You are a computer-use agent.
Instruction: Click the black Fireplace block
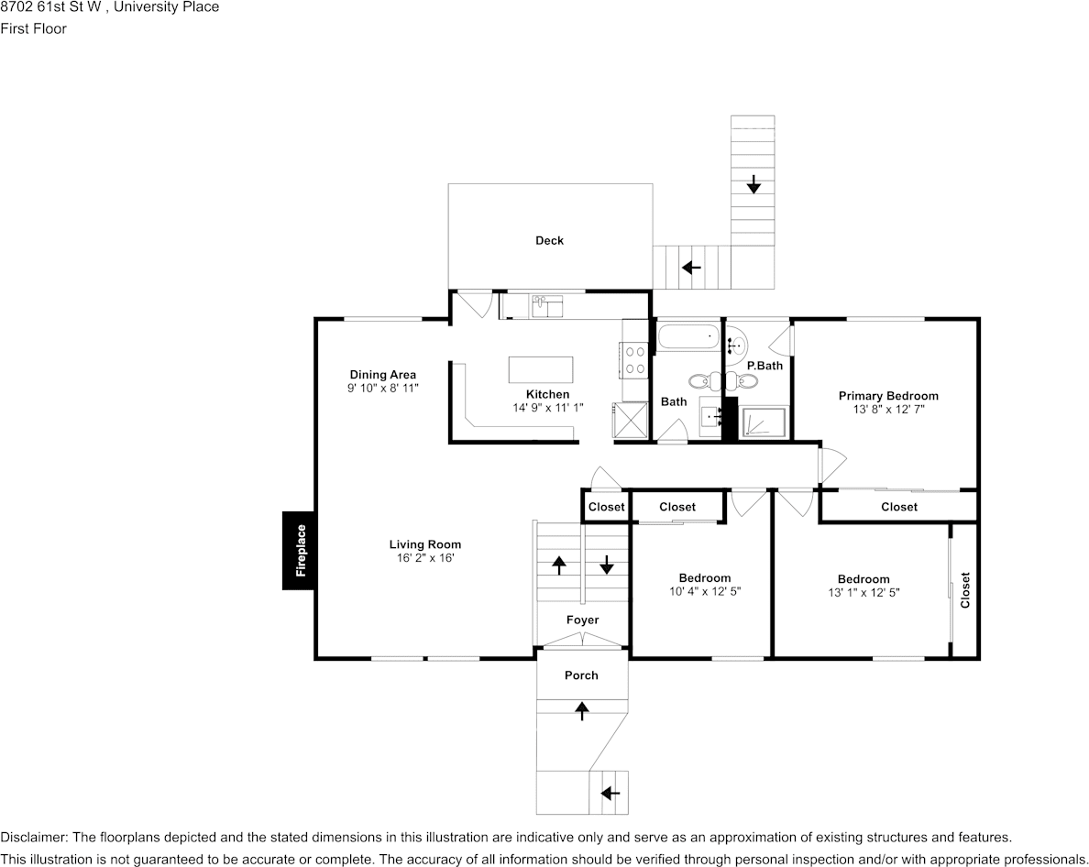click(299, 550)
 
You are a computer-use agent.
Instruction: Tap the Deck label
click(549, 241)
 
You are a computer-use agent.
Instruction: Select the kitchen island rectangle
click(541, 370)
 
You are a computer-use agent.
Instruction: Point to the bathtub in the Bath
click(688, 336)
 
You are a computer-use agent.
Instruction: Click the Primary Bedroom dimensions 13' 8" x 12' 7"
click(888, 410)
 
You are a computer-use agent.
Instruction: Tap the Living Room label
click(425, 544)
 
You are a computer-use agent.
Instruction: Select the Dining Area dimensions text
click(382, 388)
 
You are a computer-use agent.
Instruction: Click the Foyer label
click(582, 620)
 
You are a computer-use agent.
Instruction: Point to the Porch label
click(581, 675)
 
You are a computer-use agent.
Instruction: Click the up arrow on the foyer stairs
click(559, 564)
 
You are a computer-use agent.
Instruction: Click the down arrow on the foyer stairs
click(606, 564)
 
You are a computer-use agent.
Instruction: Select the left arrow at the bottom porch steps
click(610, 793)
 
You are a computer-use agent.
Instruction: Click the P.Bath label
click(764, 366)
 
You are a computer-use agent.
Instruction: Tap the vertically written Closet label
click(965, 590)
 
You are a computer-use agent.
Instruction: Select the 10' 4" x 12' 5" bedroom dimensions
click(705, 591)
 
